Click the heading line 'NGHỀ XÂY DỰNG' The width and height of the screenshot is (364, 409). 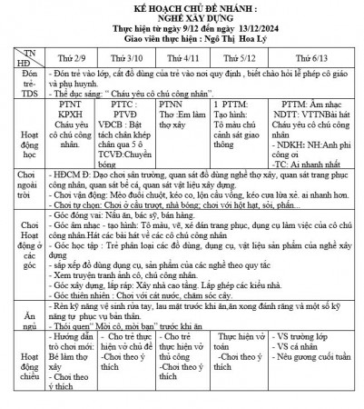[x=182, y=18]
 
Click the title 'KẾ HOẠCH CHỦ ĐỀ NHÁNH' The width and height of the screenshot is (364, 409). [x=182, y=7]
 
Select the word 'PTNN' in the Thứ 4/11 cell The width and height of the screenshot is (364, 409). [x=172, y=105]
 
